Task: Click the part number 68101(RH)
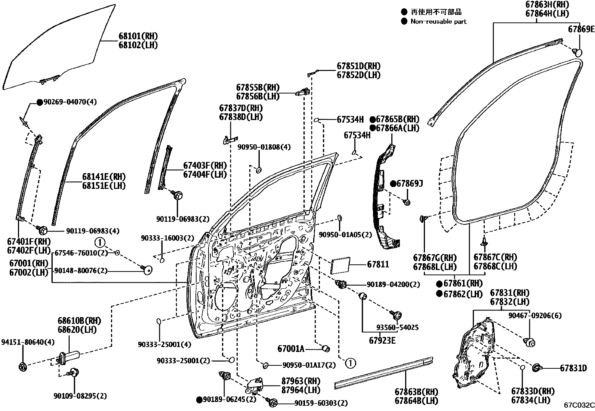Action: pos(138,36)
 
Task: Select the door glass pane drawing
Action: pos(56,49)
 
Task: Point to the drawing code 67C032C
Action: pos(579,405)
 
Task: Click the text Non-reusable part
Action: pos(438,22)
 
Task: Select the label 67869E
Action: pos(581,29)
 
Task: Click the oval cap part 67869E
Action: pos(578,53)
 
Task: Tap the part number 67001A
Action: pos(291,349)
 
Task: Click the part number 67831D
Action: pos(573,368)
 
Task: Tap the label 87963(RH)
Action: pos(301,381)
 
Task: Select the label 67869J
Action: pos(409,184)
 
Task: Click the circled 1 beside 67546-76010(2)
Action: pos(100,242)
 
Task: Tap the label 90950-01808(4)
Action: pos(264,147)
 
